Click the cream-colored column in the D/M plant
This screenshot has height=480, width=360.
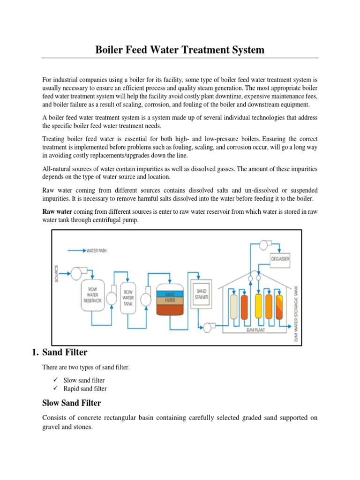234,305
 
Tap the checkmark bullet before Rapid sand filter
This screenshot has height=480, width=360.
55,389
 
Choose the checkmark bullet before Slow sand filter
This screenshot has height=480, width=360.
55,380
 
